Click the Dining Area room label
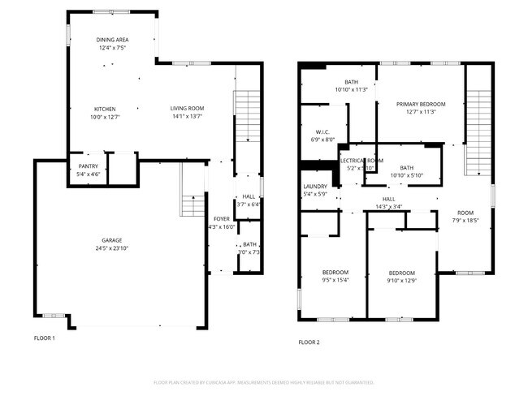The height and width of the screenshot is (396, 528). [x=113, y=40]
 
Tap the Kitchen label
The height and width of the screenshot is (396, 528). [x=105, y=109]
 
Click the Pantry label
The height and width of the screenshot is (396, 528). [x=88, y=166]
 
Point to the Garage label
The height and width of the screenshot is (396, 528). [x=112, y=240]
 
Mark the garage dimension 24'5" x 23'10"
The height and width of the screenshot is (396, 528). [x=112, y=248]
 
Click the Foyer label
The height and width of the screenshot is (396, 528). [x=221, y=219]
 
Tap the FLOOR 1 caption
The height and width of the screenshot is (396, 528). [x=44, y=338]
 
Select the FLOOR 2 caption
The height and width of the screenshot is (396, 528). [x=309, y=342]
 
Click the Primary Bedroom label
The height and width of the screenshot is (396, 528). [x=421, y=104]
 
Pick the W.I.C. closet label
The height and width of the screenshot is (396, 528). [x=322, y=131]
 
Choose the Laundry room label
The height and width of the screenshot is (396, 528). [x=314, y=186]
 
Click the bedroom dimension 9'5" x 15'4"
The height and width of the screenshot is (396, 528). [x=335, y=281]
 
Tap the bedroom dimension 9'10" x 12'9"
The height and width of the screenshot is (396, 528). [x=401, y=281]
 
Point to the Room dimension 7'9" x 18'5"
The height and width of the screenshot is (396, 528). [x=465, y=220]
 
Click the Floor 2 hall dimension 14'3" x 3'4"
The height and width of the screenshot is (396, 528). [x=388, y=207]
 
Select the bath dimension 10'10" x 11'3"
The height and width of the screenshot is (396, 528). [x=351, y=89]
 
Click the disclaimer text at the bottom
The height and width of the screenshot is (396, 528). [x=263, y=382]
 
